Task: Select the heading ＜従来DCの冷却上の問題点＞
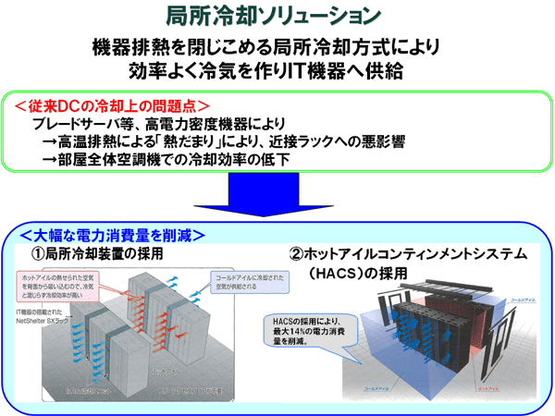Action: click(112, 105)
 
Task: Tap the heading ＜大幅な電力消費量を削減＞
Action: click(112, 234)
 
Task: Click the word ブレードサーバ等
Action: click(82, 124)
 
